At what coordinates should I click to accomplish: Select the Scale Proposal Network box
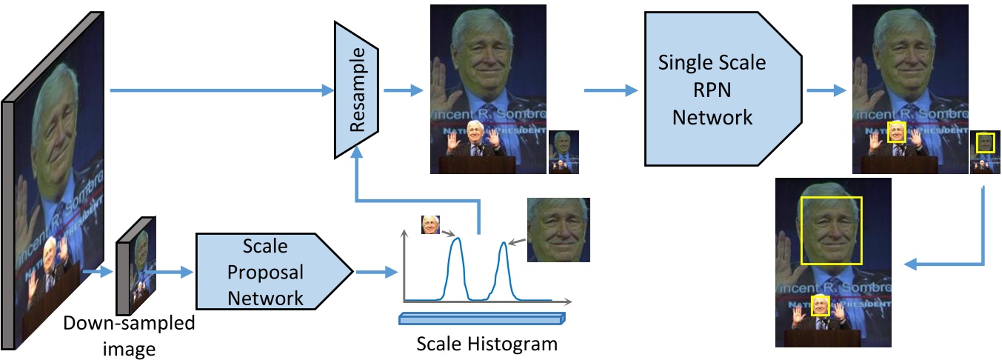pos(271,272)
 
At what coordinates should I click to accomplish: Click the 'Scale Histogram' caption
pos(486,344)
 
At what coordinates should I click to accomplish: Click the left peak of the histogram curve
pos(456,239)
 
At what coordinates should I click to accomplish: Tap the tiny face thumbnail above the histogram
pos(430,224)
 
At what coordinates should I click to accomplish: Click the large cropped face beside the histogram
pos(558,230)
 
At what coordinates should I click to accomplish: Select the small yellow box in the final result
pos(819,305)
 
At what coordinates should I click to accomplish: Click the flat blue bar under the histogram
pos(481,319)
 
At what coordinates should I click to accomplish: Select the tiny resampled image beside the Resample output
pos(563,152)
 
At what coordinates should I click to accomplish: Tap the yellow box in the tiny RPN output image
pos(984,143)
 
